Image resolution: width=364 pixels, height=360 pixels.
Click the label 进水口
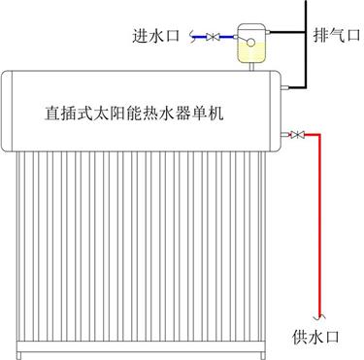click(156, 36)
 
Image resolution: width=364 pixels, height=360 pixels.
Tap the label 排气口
click(337, 35)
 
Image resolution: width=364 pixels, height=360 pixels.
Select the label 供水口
click(315, 337)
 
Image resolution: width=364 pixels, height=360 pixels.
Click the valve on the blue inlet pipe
click(213, 37)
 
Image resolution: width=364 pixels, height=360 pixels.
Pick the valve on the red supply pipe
click(297, 134)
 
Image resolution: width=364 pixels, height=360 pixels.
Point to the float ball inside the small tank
click(250, 43)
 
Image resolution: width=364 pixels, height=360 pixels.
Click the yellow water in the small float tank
click(250, 53)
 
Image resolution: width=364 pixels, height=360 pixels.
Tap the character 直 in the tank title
click(51, 114)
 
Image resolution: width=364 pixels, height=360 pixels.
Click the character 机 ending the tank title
click(215, 114)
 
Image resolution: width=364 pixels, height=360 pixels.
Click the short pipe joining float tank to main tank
click(250, 66)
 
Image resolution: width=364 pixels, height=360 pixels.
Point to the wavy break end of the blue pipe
click(191, 37)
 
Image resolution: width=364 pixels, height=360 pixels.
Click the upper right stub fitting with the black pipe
click(284, 87)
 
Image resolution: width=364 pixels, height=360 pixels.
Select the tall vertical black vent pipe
click(306, 44)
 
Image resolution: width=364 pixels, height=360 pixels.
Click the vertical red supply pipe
click(320, 224)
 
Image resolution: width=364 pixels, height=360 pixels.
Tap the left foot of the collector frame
click(19, 356)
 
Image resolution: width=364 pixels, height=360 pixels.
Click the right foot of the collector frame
click(263, 356)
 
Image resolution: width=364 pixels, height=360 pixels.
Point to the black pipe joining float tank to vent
click(287, 32)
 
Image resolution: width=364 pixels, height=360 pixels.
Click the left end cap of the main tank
click(7, 111)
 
